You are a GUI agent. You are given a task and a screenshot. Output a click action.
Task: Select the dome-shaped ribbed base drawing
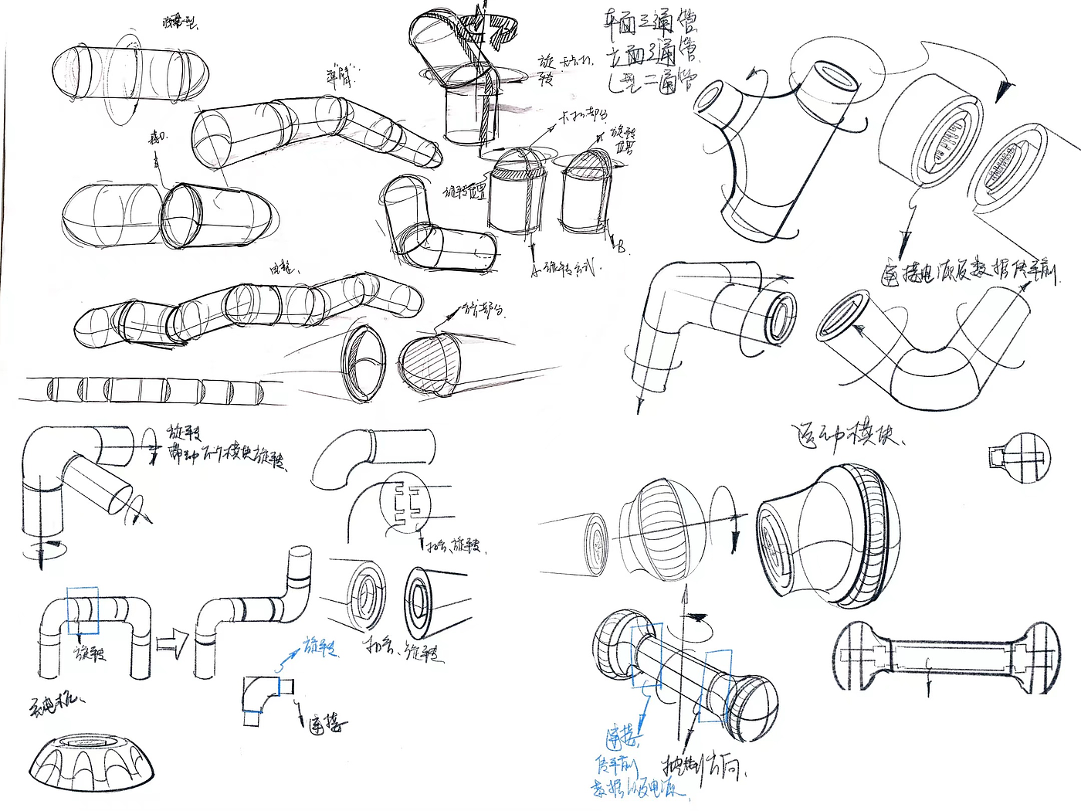93,765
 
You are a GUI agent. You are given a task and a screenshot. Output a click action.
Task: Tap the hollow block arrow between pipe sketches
172,640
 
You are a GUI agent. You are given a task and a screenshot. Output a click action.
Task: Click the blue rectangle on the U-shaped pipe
83,610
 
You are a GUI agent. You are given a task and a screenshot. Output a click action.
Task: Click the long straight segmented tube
147,389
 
